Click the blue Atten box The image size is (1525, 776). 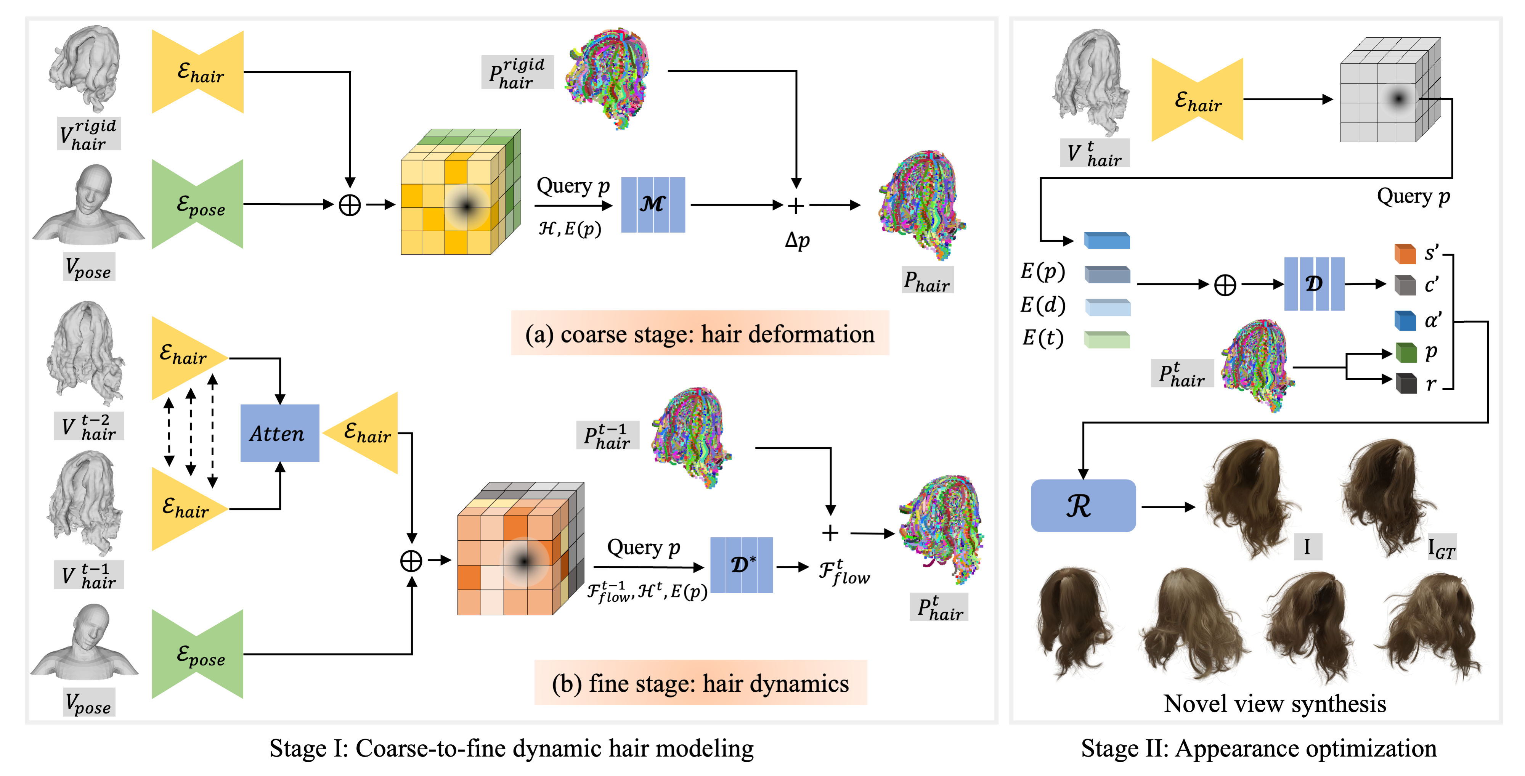tap(279, 433)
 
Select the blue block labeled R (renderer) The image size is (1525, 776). tap(1083, 506)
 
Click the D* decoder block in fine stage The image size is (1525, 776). tap(741, 565)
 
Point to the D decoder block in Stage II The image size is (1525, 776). tap(1314, 284)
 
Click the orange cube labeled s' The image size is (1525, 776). tap(1405, 254)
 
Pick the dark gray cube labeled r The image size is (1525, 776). tap(1405, 384)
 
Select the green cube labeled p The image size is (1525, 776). tap(1405, 353)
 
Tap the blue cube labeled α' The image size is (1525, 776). tap(1405, 321)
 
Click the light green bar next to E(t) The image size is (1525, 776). tap(1106, 340)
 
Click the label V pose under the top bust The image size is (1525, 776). tap(89, 268)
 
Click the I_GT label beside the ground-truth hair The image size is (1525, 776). tap(1440, 548)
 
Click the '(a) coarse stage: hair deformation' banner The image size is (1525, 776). tap(699, 333)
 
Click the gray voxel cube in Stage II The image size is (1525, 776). tap(1389, 92)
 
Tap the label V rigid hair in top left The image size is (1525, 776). tap(89, 134)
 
